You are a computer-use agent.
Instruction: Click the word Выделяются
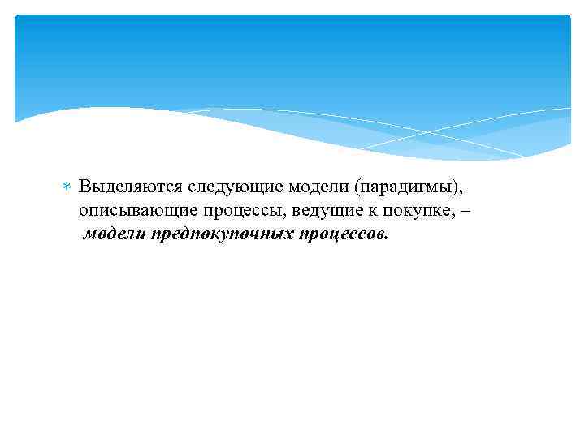pyautogui.click(x=132, y=187)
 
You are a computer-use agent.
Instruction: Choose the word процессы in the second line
pyautogui.click(x=232, y=211)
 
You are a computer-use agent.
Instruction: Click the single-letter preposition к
pyautogui.click(x=357, y=211)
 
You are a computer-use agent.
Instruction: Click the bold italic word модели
pyautogui.click(x=114, y=235)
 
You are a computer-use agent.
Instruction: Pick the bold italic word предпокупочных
pyautogui.click(x=223, y=235)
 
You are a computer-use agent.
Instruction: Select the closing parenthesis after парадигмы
pyautogui.click(x=460, y=187)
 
